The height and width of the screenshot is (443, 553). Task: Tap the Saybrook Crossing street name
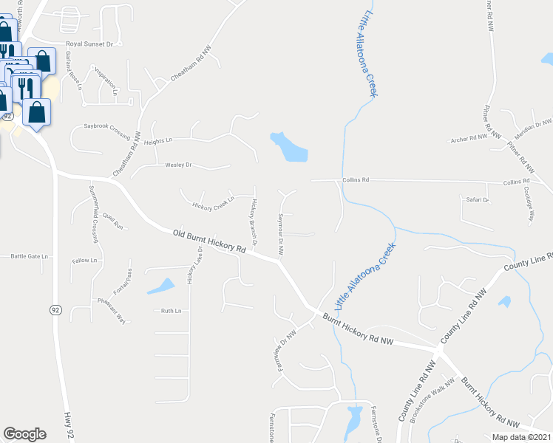(107, 127)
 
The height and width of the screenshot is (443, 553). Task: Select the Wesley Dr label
(178, 165)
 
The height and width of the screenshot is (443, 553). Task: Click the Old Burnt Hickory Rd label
(209, 241)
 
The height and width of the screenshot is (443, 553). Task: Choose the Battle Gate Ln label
(29, 256)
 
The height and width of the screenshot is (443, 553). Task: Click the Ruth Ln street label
(171, 311)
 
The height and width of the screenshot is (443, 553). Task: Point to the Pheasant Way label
(111, 311)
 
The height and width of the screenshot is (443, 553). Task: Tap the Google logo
(24, 434)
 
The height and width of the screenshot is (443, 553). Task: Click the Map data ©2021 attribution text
(520, 436)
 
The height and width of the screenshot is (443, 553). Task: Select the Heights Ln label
(158, 140)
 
